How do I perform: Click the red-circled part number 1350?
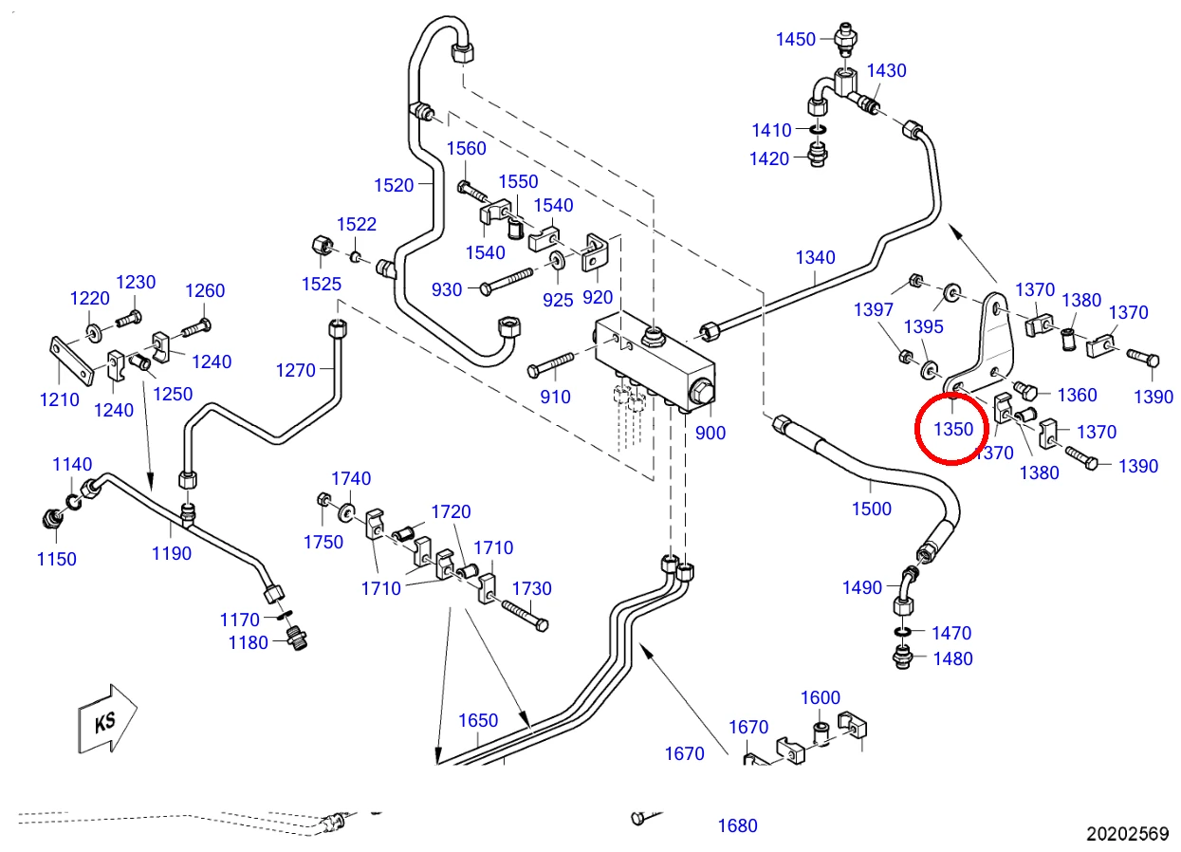point(953,429)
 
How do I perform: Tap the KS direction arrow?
point(107,720)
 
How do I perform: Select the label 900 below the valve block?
point(710,433)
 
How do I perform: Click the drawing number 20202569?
point(1127,834)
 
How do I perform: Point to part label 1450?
point(796,39)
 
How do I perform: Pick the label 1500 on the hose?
point(872,509)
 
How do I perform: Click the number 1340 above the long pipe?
point(815,257)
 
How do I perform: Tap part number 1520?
point(394,185)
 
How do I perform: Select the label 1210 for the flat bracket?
point(60,399)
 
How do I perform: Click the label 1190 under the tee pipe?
point(172,553)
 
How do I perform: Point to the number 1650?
point(478,720)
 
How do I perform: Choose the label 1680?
point(738,825)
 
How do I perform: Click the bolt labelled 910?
point(550,364)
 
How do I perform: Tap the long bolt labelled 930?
point(507,281)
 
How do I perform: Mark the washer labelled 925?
point(556,259)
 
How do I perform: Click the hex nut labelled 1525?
point(322,246)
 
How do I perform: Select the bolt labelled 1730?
point(525,616)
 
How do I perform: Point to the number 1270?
point(296,370)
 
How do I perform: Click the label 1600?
point(821,697)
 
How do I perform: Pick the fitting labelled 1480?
point(903,657)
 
